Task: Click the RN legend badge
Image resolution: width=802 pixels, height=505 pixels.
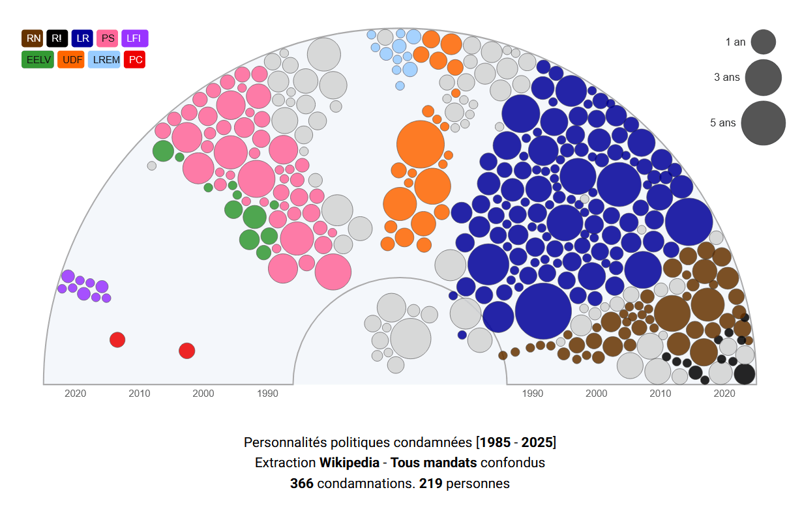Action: point(33,38)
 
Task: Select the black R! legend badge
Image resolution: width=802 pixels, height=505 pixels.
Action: point(57,38)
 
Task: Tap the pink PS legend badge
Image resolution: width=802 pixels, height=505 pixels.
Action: point(108,38)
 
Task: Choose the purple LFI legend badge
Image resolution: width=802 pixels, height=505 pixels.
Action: point(134,38)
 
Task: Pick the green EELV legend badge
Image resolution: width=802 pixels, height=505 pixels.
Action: point(38,60)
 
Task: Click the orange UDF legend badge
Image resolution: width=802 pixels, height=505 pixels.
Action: point(71,60)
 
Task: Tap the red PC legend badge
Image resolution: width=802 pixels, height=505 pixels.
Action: point(135,60)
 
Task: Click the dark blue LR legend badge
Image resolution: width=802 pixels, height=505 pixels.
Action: point(83,38)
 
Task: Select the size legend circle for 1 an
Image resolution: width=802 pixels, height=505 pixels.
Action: point(763,42)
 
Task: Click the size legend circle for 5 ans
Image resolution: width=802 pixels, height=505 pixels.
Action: point(763,123)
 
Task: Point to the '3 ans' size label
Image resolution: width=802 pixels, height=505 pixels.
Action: point(727,77)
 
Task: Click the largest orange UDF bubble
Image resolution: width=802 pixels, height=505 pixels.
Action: point(421,144)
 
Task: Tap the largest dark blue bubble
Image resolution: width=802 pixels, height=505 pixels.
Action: point(543,311)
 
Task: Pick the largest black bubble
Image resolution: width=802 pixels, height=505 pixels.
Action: point(744,374)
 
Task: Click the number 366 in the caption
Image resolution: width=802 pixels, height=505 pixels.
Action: point(302,483)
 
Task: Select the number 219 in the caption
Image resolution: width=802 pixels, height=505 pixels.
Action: point(430,483)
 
